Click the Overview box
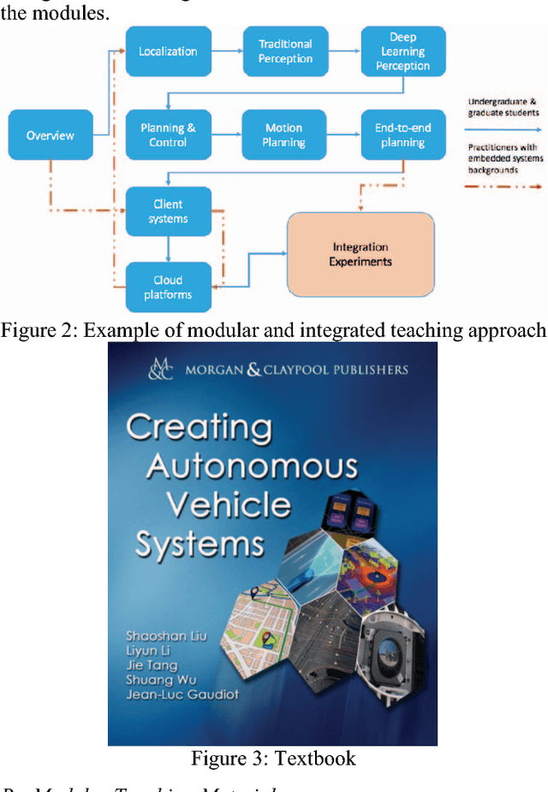pyautogui.click(x=51, y=135)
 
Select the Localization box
pyautogui.click(x=168, y=51)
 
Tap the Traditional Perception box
pyautogui.click(x=285, y=51)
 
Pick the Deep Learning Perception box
pyautogui.click(x=402, y=51)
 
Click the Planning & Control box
pyautogui.click(x=168, y=135)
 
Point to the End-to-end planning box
pyautogui.click(x=402, y=135)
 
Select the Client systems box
pyautogui.click(x=168, y=211)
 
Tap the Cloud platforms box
pyautogui.click(x=168, y=287)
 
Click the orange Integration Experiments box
pyautogui.click(x=360, y=254)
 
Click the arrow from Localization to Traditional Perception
pyautogui.click(x=227, y=51)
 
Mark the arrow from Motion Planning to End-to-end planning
pyautogui.click(x=344, y=135)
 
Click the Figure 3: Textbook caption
pyautogui.click(x=273, y=759)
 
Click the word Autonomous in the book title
pyautogui.click(x=252, y=467)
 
